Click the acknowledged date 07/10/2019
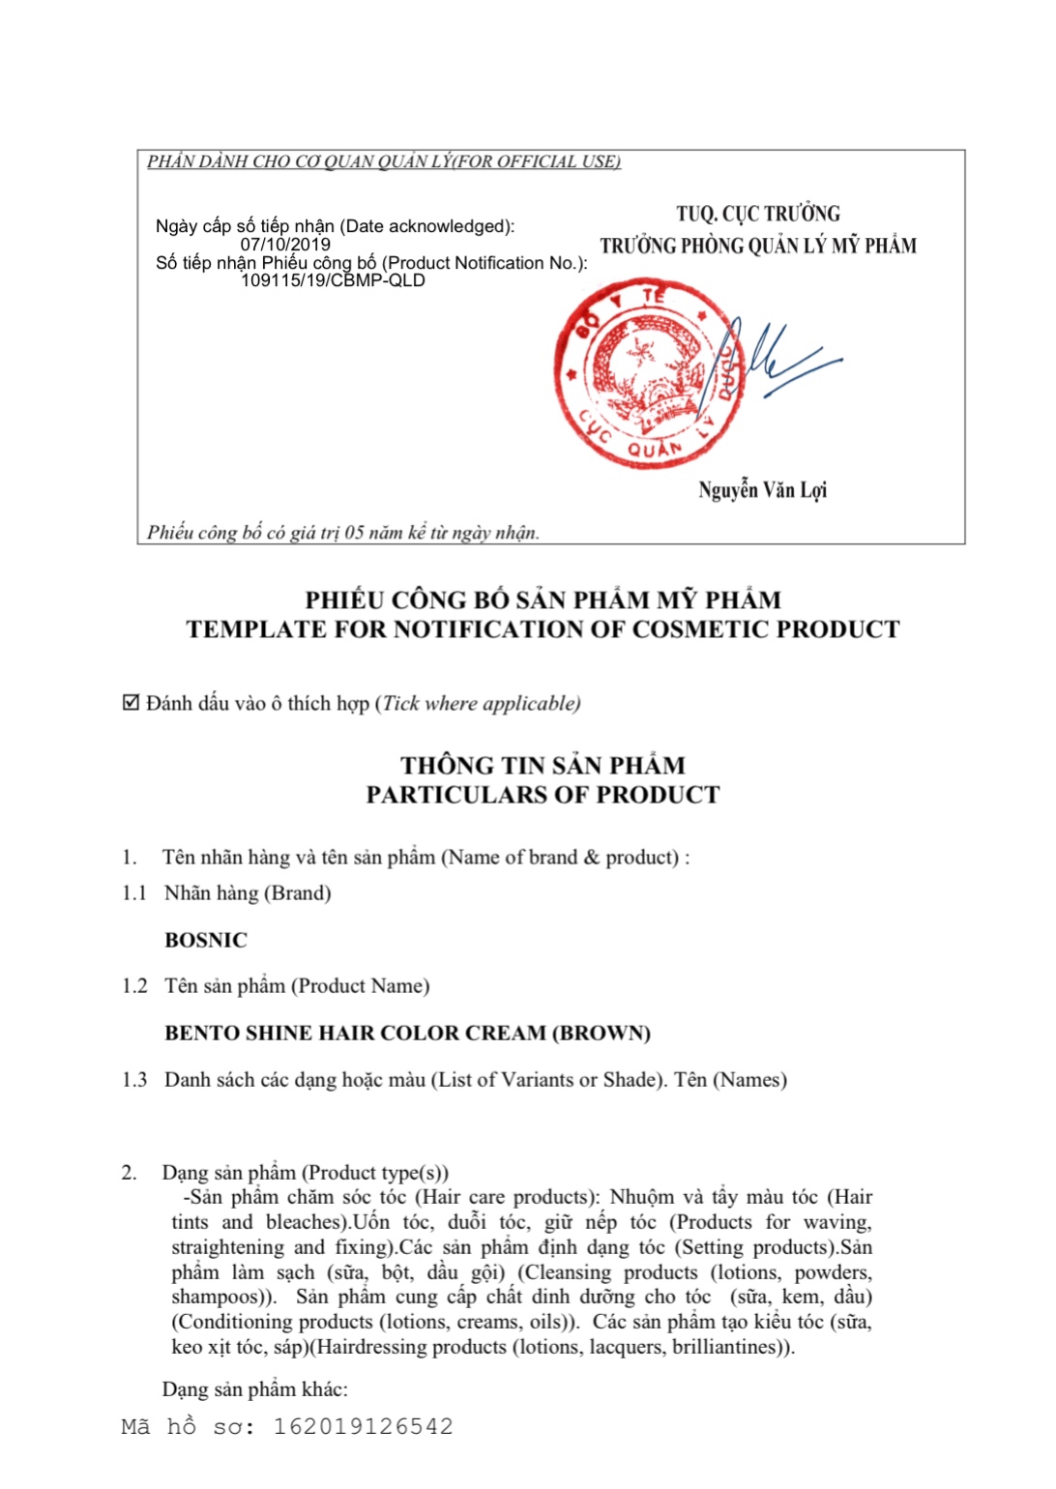coord(285,245)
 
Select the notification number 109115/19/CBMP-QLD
coord(333,280)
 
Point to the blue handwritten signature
coord(774,360)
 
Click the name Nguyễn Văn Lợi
coord(762,490)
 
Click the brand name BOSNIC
coord(206,940)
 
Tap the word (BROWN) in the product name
coord(601,1033)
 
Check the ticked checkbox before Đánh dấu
coord(132,703)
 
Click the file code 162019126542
coord(363,1426)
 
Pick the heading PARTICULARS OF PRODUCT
coord(543,795)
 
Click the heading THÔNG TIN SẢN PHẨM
coord(543,766)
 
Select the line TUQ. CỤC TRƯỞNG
coord(758,214)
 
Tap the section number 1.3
coord(134,1079)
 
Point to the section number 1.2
coord(134,985)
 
